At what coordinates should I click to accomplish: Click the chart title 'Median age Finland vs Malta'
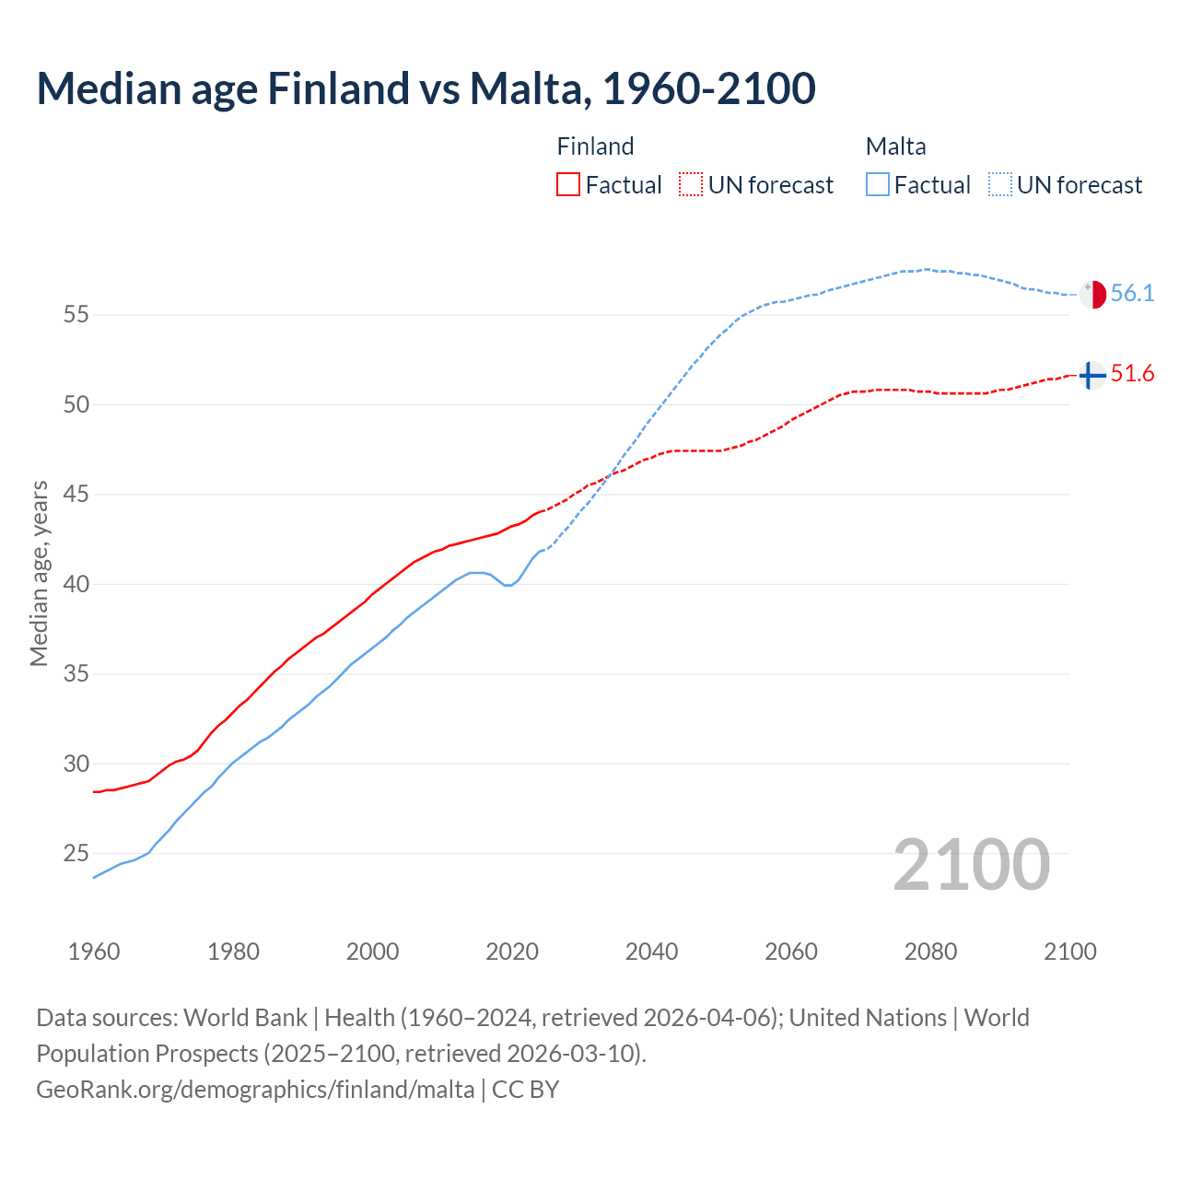point(426,88)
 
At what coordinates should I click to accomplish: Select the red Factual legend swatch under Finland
point(568,184)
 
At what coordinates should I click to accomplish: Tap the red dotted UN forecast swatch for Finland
point(691,184)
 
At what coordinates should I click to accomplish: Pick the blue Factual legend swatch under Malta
point(878,184)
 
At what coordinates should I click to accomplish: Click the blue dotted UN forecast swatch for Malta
point(1000,184)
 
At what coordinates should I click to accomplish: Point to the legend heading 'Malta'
point(895,146)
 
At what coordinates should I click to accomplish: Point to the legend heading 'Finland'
point(595,146)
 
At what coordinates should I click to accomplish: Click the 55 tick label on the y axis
point(76,315)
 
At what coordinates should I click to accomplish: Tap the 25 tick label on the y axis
point(76,854)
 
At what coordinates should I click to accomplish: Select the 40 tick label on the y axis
point(76,584)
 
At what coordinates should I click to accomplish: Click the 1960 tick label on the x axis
point(94,951)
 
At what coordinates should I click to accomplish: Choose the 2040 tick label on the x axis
point(651,951)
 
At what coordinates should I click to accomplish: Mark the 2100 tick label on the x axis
point(1069,951)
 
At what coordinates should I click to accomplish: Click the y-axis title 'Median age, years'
point(39,573)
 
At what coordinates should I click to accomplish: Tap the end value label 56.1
point(1132,294)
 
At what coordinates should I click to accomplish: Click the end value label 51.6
point(1132,374)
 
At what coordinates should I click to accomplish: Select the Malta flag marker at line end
point(1092,295)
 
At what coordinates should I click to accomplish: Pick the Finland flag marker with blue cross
point(1091,375)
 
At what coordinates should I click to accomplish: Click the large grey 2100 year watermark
point(971,865)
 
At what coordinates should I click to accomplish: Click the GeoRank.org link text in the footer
point(255,1090)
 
